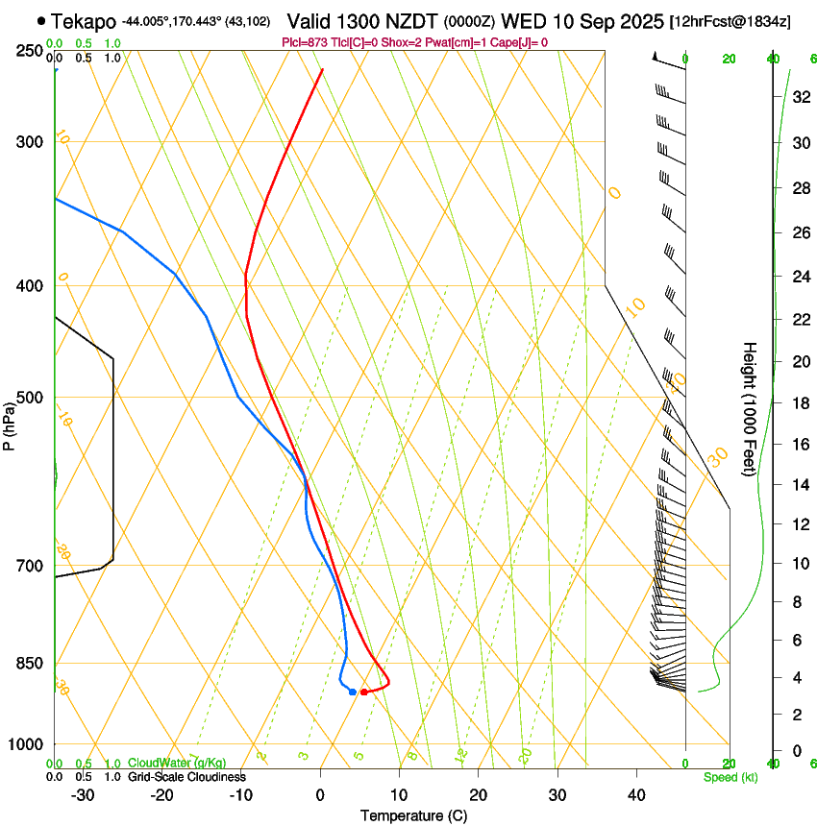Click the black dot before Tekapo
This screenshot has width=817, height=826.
click(40, 20)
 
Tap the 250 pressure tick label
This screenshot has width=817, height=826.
click(30, 51)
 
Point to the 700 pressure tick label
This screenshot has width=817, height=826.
click(30, 566)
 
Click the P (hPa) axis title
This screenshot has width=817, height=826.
click(9, 424)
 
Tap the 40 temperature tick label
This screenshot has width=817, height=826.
click(636, 795)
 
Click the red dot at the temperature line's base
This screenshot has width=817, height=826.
click(363, 692)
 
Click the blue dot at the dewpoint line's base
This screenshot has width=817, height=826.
click(353, 692)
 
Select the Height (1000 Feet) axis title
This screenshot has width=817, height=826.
click(750, 409)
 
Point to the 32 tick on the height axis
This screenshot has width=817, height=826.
click(799, 97)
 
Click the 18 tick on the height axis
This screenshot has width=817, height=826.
click(799, 403)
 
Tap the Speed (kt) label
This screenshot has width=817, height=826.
click(730, 777)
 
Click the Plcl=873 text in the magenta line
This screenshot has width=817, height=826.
click(308, 42)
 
